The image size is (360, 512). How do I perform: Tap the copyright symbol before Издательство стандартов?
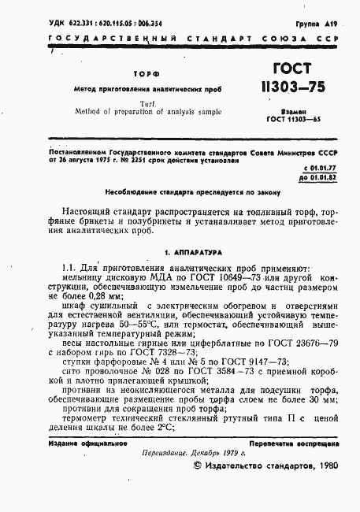(198, 489)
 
